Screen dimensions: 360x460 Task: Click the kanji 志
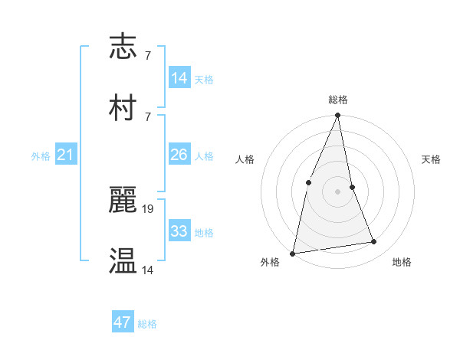(123, 47)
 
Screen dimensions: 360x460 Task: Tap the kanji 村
(123, 108)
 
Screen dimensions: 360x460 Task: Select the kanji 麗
(123, 200)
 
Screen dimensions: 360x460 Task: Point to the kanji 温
(123, 261)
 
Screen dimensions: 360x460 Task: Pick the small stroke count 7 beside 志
(147, 55)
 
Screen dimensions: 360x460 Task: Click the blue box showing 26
(179, 155)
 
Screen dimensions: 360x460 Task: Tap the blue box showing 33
(179, 231)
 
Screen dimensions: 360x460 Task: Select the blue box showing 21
(65, 155)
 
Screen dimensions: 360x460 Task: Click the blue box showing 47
(123, 322)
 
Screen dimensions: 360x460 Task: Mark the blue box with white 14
(179, 78)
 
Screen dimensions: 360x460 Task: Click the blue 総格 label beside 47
(147, 324)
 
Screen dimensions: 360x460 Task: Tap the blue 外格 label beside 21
(41, 156)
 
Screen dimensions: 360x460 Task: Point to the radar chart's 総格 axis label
(337, 100)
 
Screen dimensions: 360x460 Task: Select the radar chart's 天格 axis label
(431, 159)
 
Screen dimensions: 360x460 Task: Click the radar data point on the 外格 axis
(292, 253)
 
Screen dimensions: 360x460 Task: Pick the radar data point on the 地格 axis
(374, 242)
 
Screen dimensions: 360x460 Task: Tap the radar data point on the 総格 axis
(337, 116)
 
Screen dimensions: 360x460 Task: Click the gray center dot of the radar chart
(337, 191)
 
